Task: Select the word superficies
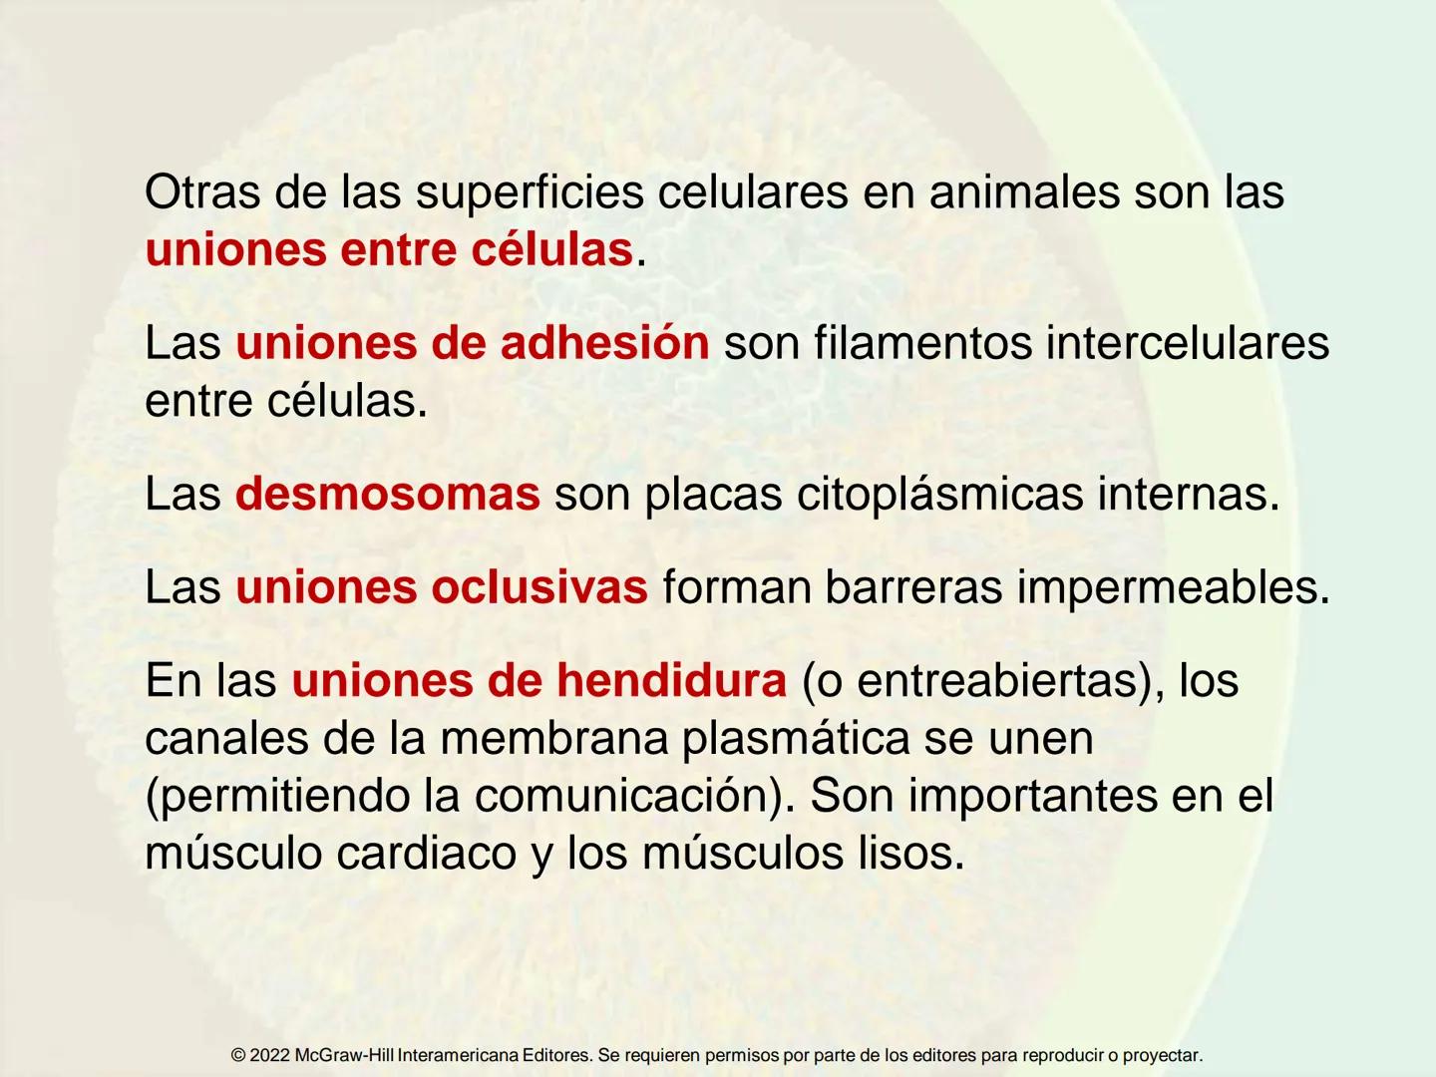tap(530, 193)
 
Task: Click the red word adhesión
tap(604, 343)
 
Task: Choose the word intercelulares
tap(1188, 343)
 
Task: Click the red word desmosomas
tap(387, 494)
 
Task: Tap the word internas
tap(1188, 494)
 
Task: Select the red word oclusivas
tap(539, 587)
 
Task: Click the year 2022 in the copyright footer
tap(269, 1055)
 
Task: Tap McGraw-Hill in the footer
tap(344, 1055)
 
